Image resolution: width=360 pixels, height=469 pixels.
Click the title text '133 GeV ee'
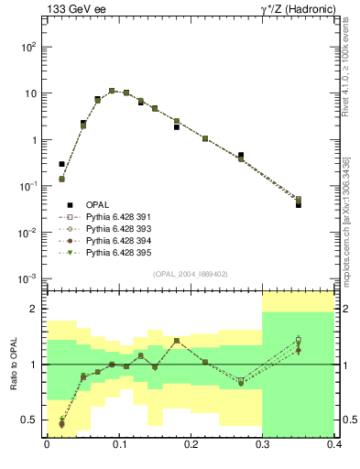pyautogui.click(x=71, y=9)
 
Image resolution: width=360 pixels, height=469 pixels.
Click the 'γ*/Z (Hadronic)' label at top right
pyautogui.click(x=299, y=9)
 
